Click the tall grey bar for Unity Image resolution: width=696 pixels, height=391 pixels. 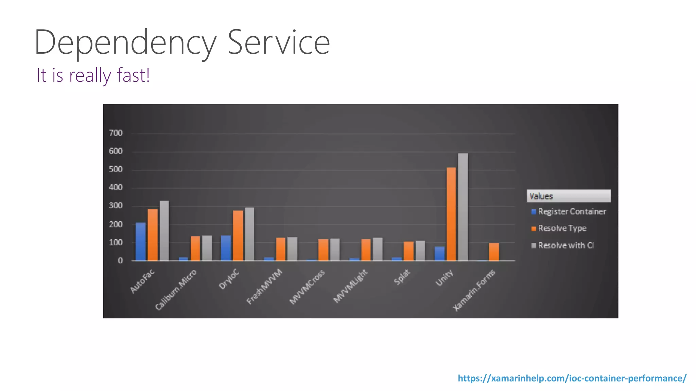pyautogui.click(x=463, y=207)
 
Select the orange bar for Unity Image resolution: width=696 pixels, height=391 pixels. pyautogui.click(x=451, y=214)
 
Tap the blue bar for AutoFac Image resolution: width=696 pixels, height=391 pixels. pyautogui.click(x=141, y=242)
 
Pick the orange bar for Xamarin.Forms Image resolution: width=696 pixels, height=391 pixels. pyautogui.click(x=494, y=252)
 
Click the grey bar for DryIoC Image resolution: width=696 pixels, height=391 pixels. pyautogui.click(x=249, y=234)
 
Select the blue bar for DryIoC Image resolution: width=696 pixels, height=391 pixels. pyautogui.click(x=226, y=248)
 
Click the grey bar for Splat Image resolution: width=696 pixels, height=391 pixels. pyautogui.click(x=420, y=251)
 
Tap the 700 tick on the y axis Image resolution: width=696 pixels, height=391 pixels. pyautogui.click(x=116, y=133)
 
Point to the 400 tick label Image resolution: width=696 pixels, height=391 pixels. pyautogui.click(x=116, y=187)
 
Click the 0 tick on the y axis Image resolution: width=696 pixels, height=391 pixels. pyautogui.click(x=120, y=261)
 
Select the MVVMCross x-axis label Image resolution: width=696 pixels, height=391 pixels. pyautogui.click(x=307, y=287)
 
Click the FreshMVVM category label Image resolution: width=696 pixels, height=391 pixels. pyautogui.click(x=264, y=287)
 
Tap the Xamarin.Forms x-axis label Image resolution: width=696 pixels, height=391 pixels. pyautogui.click(x=474, y=290)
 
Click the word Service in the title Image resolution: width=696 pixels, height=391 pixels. pyautogui.click(x=279, y=42)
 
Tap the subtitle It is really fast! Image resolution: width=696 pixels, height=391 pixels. pyautogui.click(x=93, y=75)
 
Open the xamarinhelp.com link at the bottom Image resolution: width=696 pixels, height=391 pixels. pyautogui.click(x=572, y=378)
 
